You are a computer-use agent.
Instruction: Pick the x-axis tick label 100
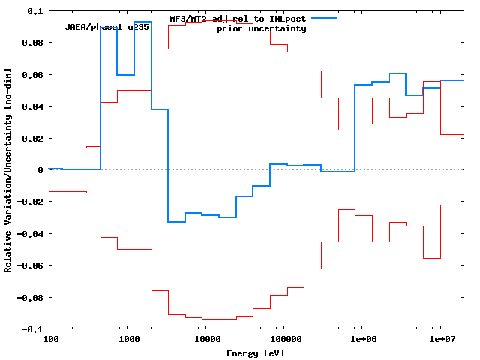[50, 340]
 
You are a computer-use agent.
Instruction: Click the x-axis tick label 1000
[127, 340]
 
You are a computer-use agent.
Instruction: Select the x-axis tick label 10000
[205, 340]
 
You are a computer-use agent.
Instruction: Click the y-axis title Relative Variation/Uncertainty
[8, 170]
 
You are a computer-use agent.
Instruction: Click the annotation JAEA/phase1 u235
[107, 28]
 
